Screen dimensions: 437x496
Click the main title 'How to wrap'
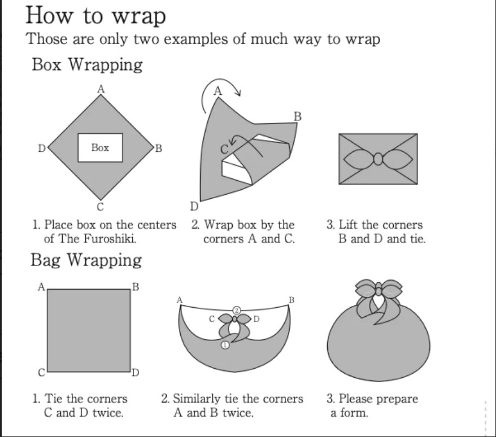(x=95, y=15)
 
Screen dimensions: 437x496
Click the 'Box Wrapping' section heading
(x=87, y=64)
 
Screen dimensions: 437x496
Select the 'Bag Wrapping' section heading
(x=86, y=260)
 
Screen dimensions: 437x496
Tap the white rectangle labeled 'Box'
(x=100, y=148)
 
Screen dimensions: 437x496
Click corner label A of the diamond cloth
(x=101, y=88)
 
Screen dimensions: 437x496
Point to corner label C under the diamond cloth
(x=100, y=208)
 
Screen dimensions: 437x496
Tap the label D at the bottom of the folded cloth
(x=194, y=206)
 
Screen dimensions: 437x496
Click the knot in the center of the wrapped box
(x=378, y=159)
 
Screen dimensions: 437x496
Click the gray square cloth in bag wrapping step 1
(x=89, y=330)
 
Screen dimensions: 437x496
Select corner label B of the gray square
(x=135, y=286)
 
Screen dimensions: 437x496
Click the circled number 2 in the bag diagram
(x=237, y=311)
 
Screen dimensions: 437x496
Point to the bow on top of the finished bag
(x=377, y=292)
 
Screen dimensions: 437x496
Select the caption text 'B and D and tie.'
(x=382, y=238)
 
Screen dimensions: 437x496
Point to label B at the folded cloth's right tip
(x=298, y=117)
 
